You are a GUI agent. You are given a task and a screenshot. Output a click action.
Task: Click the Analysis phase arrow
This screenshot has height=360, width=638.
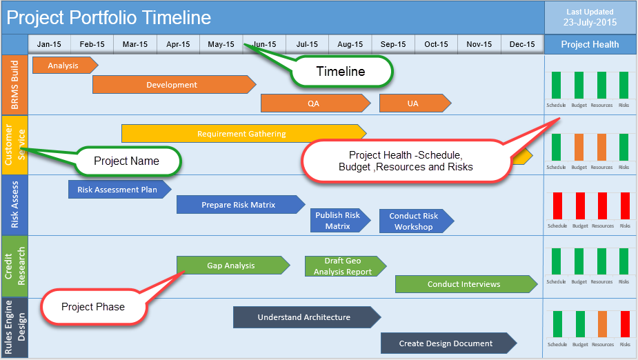click(x=63, y=66)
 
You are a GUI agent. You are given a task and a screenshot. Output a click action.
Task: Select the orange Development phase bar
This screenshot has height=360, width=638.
click(x=172, y=85)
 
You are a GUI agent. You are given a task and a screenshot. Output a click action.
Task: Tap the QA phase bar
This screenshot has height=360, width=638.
click(x=314, y=103)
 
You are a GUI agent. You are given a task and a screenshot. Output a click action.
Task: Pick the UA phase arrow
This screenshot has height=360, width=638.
click(x=413, y=103)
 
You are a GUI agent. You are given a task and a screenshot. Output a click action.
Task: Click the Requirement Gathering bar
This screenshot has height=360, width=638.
click(x=242, y=134)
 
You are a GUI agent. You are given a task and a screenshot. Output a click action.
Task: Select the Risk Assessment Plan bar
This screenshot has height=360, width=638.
click(x=117, y=189)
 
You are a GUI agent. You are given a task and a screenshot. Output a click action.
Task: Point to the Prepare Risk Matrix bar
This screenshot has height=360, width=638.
click(x=239, y=205)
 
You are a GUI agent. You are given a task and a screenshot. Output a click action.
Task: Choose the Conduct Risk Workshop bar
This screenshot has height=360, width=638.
click(x=415, y=221)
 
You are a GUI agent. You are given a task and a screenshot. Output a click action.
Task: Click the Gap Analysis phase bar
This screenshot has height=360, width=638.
click(x=232, y=266)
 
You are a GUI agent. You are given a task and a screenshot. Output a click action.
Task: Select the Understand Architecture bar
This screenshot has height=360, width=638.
click(x=305, y=317)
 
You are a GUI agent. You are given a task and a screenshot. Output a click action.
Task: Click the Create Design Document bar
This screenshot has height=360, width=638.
click(x=446, y=343)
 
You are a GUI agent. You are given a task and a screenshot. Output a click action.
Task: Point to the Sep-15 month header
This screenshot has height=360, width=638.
click(x=393, y=44)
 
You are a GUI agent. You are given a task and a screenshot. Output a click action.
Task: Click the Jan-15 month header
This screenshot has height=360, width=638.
click(x=49, y=44)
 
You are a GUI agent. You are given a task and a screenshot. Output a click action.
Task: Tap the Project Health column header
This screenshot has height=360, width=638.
click(x=590, y=44)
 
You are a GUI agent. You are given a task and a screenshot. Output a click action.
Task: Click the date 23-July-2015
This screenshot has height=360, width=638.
click(x=590, y=23)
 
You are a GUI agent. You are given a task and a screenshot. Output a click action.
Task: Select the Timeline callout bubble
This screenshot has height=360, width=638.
click(x=341, y=71)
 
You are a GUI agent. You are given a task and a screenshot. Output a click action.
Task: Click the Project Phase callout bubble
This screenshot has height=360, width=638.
click(x=94, y=307)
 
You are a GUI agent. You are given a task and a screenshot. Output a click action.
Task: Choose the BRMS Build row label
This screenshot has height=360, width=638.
click(x=15, y=85)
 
